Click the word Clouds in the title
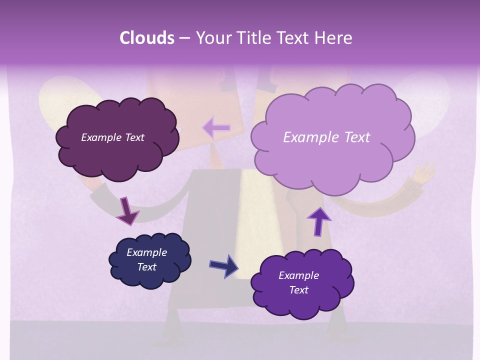pyautogui.click(x=146, y=38)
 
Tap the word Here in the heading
pyautogui.click(x=333, y=38)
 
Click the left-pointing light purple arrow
pyautogui.click(x=216, y=128)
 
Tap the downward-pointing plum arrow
pyautogui.click(x=127, y=210)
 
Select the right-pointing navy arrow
pyautogui.click(x=223, y=265)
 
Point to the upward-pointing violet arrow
pyautogui.click(x=318, y=221)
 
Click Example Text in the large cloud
pyautogui.click(x=326, y=137)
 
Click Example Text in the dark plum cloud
pyautogui.click(x=112, y=137)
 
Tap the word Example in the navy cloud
pyautogui.click(x=146, y=252)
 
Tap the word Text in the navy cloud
pyautogui.click(x=146, y=267)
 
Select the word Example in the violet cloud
pyautogui.click(x=298, y=275)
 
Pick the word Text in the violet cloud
pyautogui.click(x=298, y=290)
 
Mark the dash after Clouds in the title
pyautogui.click(x=184, y=38)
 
